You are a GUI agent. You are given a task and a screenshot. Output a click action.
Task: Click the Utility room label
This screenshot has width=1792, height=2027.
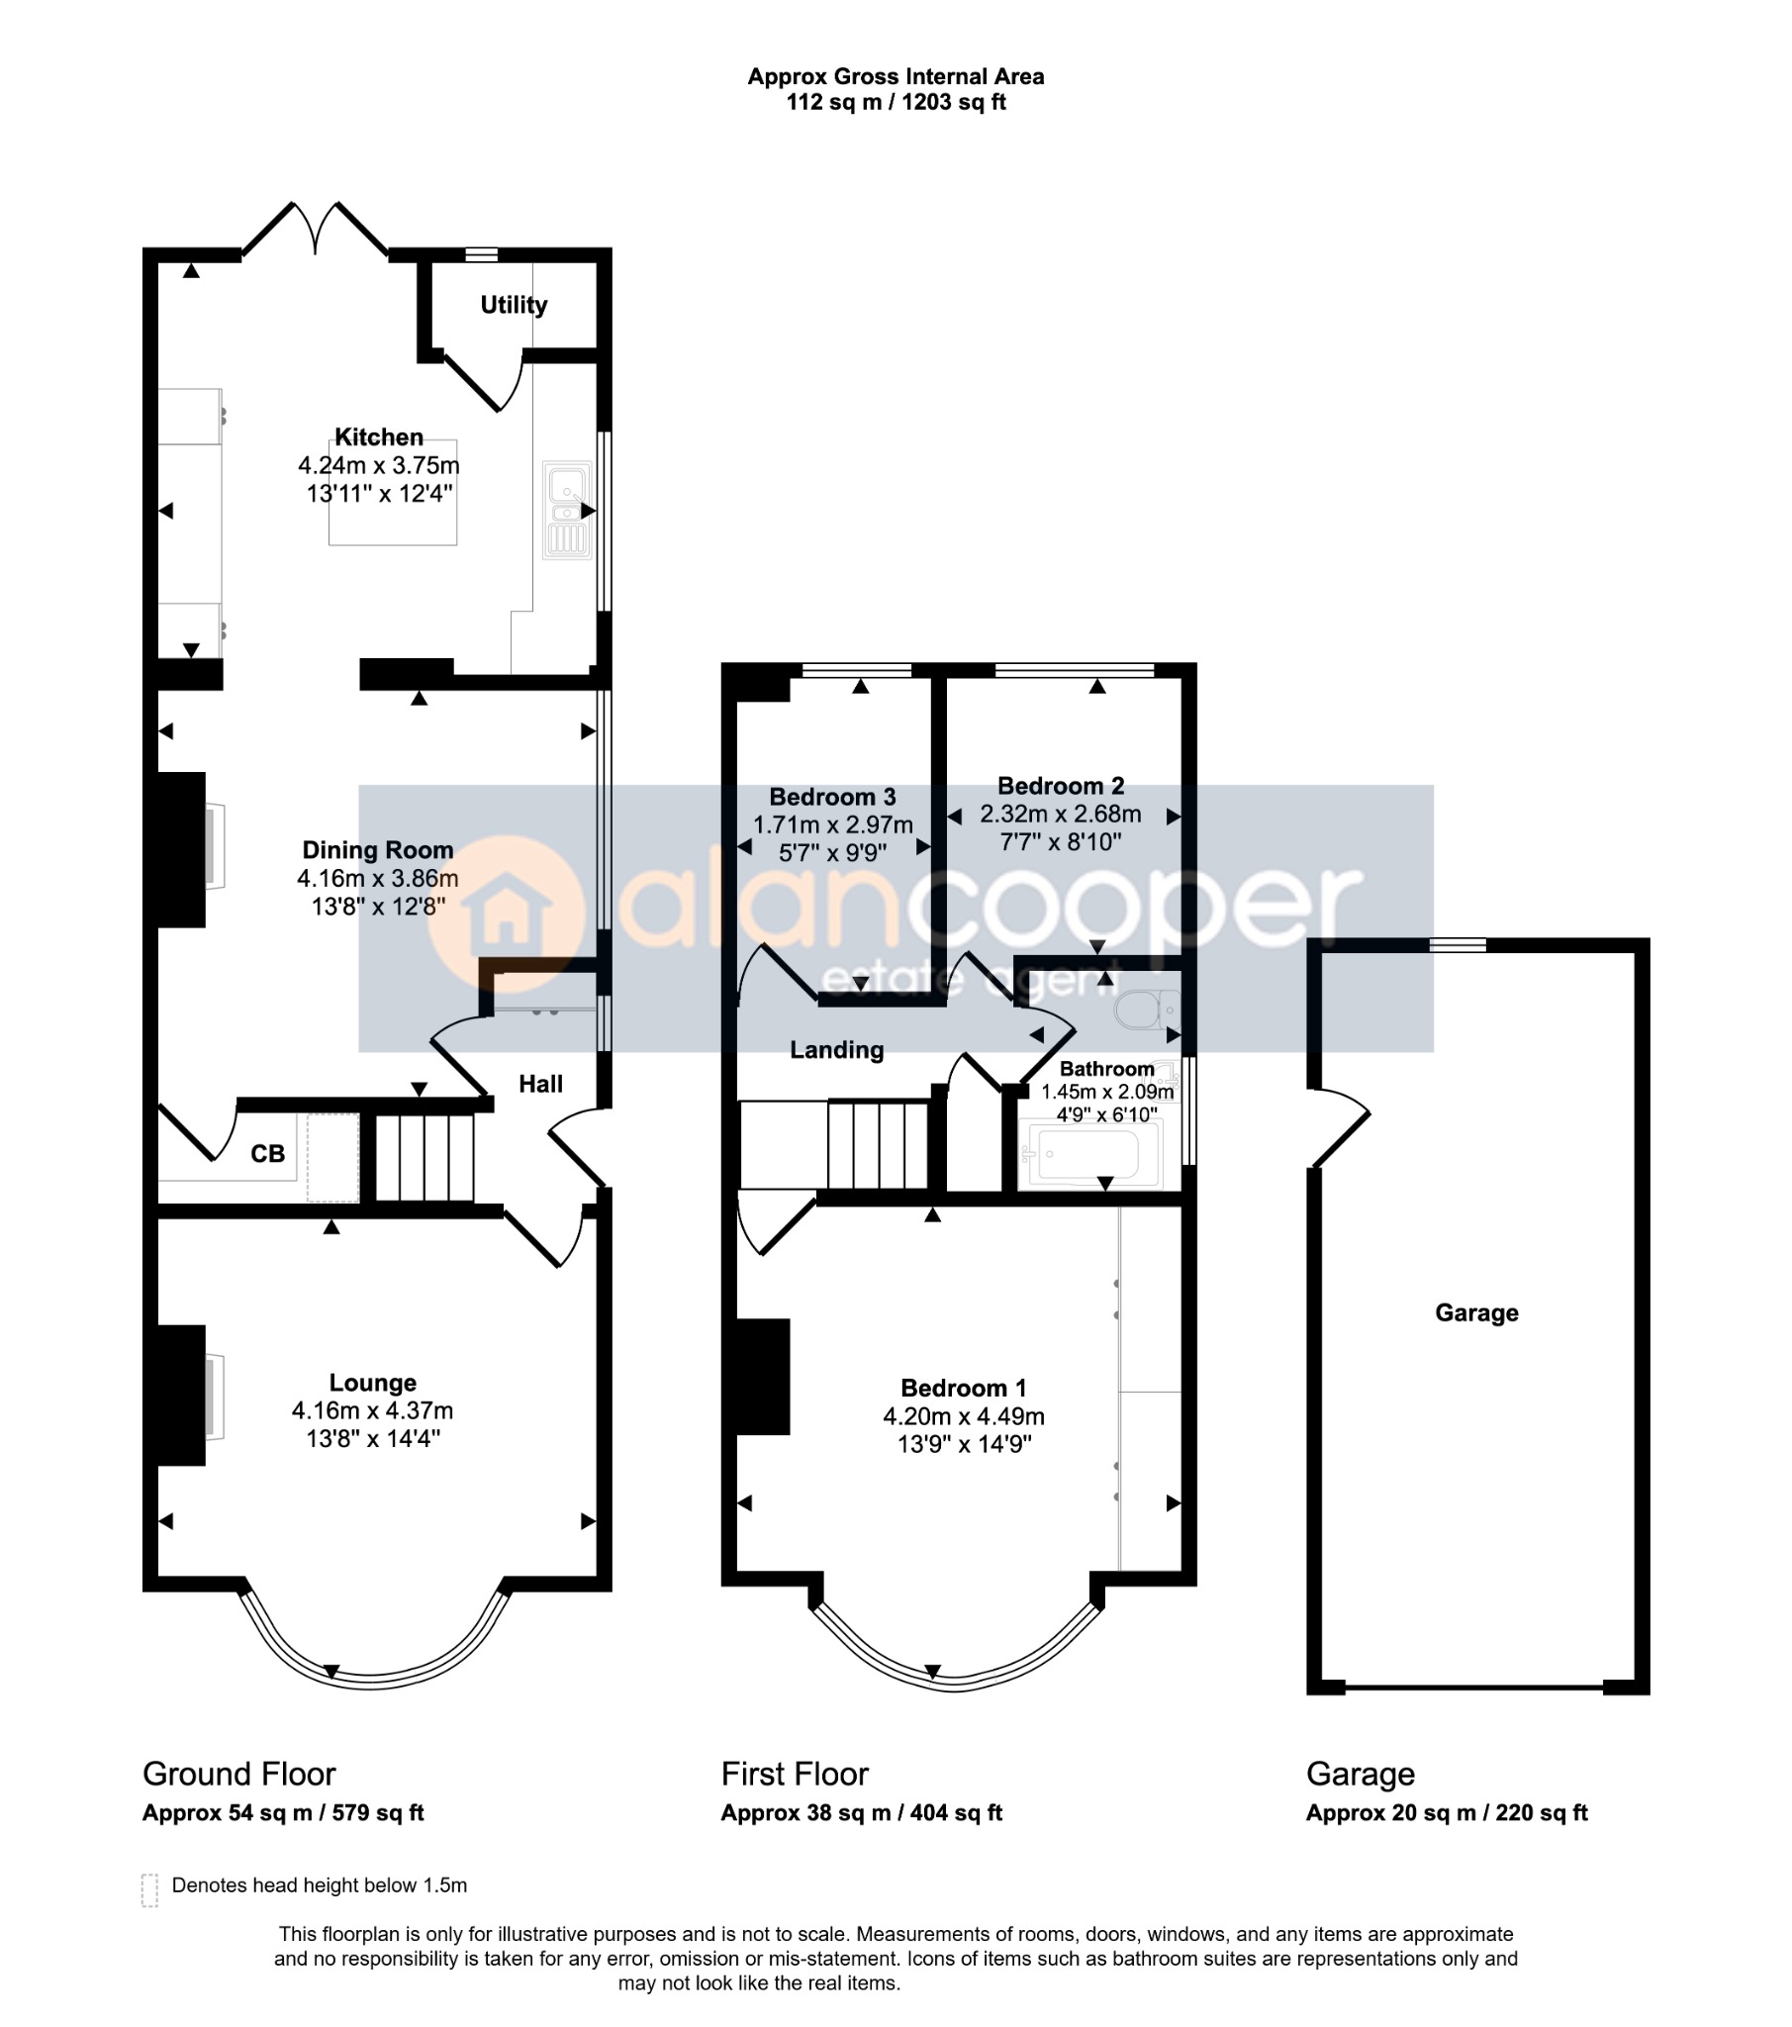coord(514,305)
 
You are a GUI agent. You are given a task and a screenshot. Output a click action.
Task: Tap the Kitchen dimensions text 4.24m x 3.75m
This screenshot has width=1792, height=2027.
coord(379,465)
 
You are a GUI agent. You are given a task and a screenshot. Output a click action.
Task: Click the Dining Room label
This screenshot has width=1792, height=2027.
coord(378,850)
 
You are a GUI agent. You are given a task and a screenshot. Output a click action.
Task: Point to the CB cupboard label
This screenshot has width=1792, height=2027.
coord(268,1153)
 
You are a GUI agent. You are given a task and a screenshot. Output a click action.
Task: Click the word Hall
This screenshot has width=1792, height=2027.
coord(540,1084)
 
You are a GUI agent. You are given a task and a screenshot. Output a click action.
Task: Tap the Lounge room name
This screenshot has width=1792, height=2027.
coord(373,1383)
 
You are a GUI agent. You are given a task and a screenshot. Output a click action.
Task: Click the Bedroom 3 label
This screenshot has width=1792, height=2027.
coord(833,797)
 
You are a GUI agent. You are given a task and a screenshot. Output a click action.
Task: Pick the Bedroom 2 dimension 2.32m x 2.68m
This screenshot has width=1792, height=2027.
coord(1061,815)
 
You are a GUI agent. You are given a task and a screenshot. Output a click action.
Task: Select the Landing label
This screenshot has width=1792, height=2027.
coord(837,1049)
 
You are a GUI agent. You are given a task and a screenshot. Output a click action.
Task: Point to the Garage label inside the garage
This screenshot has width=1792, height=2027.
coord(1476,1313)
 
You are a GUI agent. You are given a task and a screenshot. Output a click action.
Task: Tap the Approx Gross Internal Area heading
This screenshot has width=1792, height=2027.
coord(896,76)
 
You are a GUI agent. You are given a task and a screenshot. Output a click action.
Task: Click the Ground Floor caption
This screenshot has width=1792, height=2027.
coord(239,1773)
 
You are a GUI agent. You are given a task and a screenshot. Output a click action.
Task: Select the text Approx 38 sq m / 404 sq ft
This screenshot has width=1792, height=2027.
coord(862,1813)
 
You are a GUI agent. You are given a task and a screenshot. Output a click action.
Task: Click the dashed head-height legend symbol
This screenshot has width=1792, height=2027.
coord(149,1890)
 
